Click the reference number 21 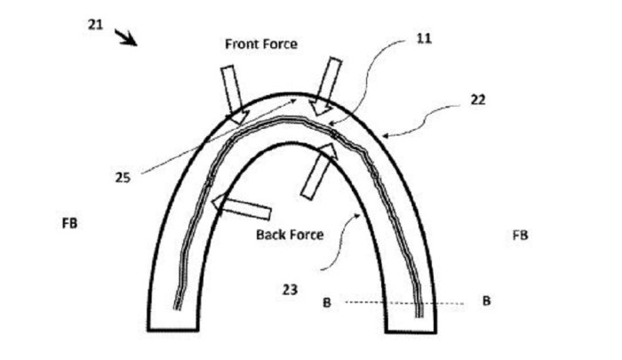coord(95,25)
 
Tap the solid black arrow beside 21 coord(126,37)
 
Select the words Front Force coord(261,44)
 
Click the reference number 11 coord(424,38)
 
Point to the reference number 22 coord(478,100)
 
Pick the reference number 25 coord(123,178)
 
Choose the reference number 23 coord(290,290)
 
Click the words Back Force coord(290,235)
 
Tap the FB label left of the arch coord(70,223)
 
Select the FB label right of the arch coord(520,236)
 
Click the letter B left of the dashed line coord(326,303)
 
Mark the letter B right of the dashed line coord(486,300)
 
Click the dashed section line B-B coord(404,303)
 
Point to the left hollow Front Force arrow coord(234,94)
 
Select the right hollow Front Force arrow coord(326,86)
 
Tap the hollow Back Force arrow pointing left coord(241,207)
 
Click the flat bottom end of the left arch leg coord(173,330)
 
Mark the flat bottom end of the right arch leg coord(411,332)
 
